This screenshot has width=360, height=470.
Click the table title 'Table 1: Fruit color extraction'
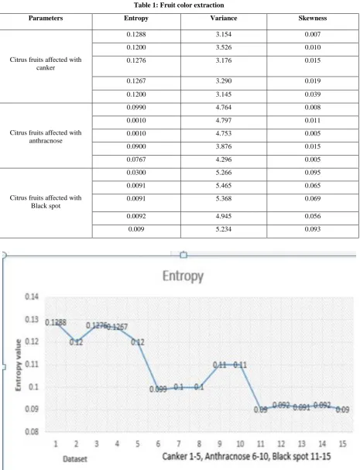[x=179, y=5]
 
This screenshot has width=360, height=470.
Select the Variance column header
[x=224, y=18]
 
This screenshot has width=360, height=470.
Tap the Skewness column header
[x=312, y=18]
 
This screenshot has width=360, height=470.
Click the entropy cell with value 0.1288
[x=136, y=34]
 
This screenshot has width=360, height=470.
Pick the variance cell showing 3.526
[x=224, y=47]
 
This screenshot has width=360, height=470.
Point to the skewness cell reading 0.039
[x=312, y=94]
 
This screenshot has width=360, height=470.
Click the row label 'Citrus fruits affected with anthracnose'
[x=46, y=136]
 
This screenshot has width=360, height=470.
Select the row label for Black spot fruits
[x=46, y=201]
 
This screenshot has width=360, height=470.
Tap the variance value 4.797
[x=224, y=121]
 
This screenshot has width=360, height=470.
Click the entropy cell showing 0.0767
[x=136, y=160]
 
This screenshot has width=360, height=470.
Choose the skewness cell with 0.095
[x=312, y=173]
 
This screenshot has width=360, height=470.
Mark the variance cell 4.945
[x=224, y=216]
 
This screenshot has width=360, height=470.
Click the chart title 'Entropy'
[x=183, y=276]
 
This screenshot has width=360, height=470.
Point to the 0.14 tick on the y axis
[x=32, y=297]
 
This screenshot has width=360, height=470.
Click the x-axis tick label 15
[x=342, y=444]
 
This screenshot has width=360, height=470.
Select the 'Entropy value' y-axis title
[x=19, y=365]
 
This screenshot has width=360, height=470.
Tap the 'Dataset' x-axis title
[x=75, y=459]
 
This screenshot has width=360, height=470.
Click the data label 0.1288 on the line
[x=56, y=323]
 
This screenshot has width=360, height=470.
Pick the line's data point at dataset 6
[x=158, y=389]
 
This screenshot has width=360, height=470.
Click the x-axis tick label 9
[x=220, y=444]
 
